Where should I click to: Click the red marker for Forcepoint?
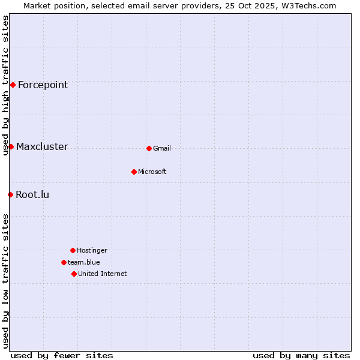13,85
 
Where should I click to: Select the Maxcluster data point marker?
11,146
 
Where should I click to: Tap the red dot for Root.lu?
10,194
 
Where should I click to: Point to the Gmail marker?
149,148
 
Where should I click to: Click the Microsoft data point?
134,172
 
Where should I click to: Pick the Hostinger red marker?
73,250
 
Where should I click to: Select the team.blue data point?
64,262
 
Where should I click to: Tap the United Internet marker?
74,274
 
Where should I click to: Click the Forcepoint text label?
43,85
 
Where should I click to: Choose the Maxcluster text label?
42,146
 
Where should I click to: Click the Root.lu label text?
32,194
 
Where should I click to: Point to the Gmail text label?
162,148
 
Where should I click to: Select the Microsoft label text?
152,172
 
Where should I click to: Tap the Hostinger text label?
92,250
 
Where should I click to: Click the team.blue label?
84,262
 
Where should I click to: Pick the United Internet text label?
103,274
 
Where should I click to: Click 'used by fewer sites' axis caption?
62,355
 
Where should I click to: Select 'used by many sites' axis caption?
301,355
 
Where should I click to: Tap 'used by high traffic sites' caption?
5,85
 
